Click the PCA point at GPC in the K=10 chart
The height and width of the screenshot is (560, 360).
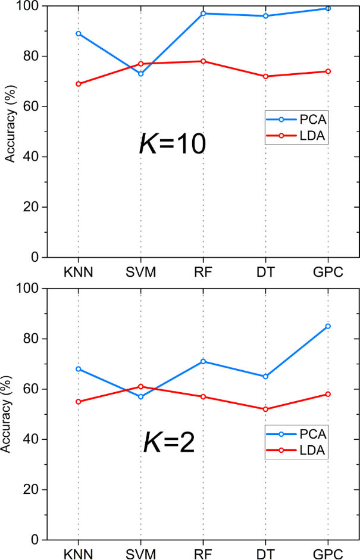(327, 8)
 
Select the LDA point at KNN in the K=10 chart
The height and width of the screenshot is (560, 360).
(78, 84)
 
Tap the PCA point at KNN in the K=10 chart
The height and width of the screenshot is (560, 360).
(78, 33)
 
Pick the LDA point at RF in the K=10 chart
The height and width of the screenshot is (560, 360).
(203, 61)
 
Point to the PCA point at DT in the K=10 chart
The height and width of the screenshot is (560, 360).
(265, 16)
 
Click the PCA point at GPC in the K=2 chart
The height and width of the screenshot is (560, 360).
(327, 326)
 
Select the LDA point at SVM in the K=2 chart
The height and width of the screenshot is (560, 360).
(140, 386)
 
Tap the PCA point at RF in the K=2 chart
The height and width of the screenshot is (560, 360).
(203, 361)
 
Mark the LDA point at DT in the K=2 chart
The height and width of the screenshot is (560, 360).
(265, 409)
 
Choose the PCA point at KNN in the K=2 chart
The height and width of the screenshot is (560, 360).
(78, 369)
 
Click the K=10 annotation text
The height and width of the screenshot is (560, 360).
(172, 144)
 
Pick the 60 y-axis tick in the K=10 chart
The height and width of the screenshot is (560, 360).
(35, 107)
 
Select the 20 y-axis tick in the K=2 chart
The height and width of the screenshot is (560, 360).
(35, 490)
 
